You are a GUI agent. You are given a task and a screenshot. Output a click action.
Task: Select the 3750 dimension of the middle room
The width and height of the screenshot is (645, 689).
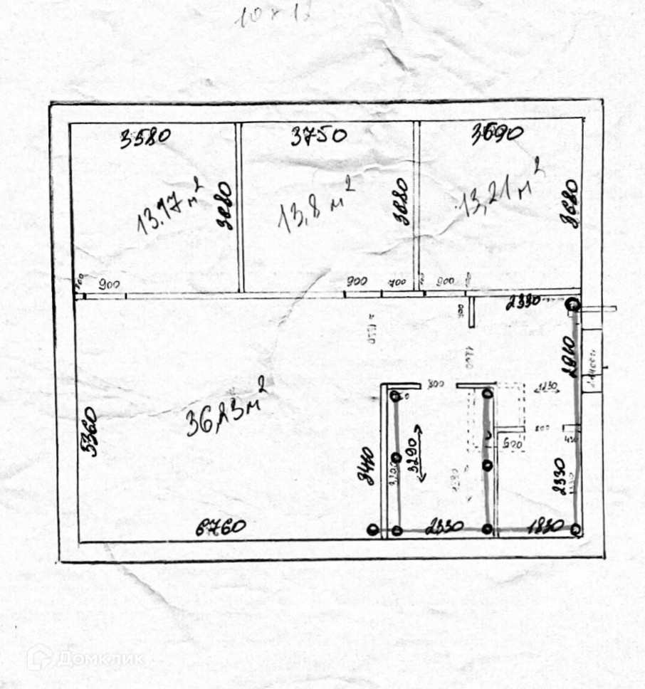(x=318, y=135)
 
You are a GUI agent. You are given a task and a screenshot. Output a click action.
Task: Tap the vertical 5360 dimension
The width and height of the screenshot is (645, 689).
(x=90, y=432)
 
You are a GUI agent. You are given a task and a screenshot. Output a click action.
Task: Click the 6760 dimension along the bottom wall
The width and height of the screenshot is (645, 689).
(x=221, y=527)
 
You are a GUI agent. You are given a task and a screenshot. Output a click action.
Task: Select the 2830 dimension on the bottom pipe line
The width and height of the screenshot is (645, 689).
(x=444, y=527)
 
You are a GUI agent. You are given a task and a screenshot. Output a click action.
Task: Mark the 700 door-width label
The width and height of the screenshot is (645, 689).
(x=397, y=282)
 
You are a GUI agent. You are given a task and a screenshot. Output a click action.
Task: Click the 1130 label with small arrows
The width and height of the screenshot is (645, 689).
(x=546, y=388)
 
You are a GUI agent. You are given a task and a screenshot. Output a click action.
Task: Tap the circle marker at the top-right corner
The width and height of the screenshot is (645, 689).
(x=572, y=305)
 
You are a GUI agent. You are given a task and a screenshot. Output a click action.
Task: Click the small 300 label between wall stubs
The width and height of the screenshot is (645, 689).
(x=435, y=385)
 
